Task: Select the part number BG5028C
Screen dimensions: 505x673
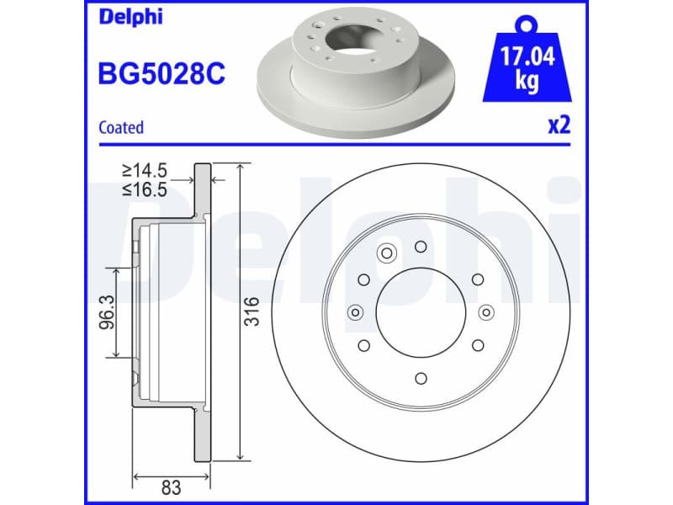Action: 162,74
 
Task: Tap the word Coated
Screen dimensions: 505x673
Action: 121,128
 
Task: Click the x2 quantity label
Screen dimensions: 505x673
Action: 559,126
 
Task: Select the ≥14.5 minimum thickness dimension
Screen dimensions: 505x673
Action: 145,171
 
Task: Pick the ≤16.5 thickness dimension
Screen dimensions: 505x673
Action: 145,189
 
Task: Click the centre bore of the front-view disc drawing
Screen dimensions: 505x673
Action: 420,312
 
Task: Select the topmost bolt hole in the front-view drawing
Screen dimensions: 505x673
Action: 421,246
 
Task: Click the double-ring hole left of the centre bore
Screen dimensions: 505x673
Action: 354,313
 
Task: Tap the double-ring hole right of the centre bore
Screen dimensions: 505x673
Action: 486,313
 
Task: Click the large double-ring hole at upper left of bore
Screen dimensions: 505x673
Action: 388,252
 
